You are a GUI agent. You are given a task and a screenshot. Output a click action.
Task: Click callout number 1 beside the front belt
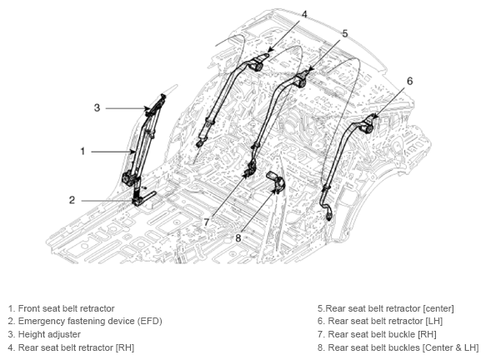pyautogui.click(x=83, y=152)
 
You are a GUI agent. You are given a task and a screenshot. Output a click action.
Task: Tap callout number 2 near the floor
pyautogui.click(x=72, y=200)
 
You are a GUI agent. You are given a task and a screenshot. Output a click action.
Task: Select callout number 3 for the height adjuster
pyautogui.click(x=97, y=107)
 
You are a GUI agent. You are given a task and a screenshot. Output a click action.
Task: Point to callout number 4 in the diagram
pyautogui.click(x=304, y=14)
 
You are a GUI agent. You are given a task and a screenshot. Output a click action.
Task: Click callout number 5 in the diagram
pyautogui.click(x=345, y=33)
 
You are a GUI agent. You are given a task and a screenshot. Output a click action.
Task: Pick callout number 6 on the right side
pyautogui.click(x=410, y=81)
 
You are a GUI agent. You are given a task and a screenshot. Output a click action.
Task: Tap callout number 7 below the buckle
pyautogui.click(x=207, y=222)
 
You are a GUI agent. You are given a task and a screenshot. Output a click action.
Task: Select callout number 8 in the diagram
pyautogui.click(x=238, y=238)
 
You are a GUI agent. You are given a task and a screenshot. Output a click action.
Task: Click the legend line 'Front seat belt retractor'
pyautogui.click(x=62, y=308)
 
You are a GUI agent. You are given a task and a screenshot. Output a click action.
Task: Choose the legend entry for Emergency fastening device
pyautogui.click(x=85, y=322)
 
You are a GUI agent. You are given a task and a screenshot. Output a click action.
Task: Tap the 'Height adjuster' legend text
pyautogui.click(x=44, y=335)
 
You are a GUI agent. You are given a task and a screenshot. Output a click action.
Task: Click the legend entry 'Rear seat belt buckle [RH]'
pyautogui.click(x=377, y=335)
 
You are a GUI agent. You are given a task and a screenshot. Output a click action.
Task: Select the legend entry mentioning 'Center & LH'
pyautogui.click(x=398, y=348)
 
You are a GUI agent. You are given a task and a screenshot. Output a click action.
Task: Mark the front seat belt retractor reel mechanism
pyautogui.click(x=128, y=179)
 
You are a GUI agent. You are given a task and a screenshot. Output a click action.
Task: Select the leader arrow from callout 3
pyautogui.click(x=128, y=108)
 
